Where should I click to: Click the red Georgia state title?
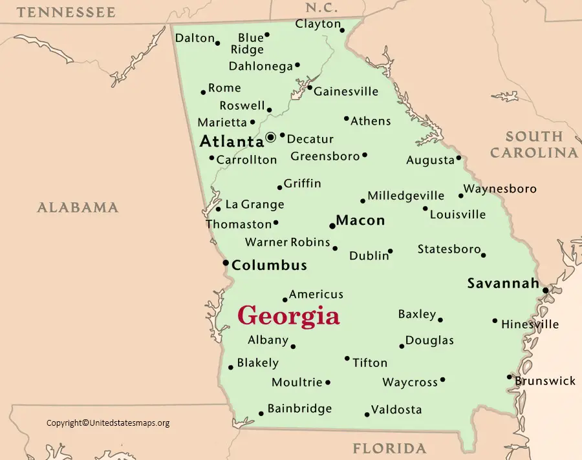(x=288, y=316)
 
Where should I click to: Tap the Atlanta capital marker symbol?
(x=271, y=137)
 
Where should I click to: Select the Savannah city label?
(x=503, y=283)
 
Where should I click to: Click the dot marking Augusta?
(x=458, y=158)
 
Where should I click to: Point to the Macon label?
(x=361, y=220)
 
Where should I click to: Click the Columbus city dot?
(x=226, y=263)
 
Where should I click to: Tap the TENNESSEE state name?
(x=66, y=12)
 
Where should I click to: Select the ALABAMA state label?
(x=78, y=207)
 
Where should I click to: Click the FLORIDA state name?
(x=389, y=448)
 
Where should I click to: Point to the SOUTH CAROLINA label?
(x=533, y=144)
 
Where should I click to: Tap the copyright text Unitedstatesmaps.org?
(x=108, y=423)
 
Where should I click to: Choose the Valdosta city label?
(x=397, y=410)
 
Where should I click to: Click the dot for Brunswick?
(x=510, y=377)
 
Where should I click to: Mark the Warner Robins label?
(x=287, y=242)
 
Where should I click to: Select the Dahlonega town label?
(x=260, y=66)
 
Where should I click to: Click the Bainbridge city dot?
(x=261, y=413)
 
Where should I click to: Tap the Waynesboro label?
(x=501, y=189)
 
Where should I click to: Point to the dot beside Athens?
(x=346, y=119)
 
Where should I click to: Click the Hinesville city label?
(x=530, y=324)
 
